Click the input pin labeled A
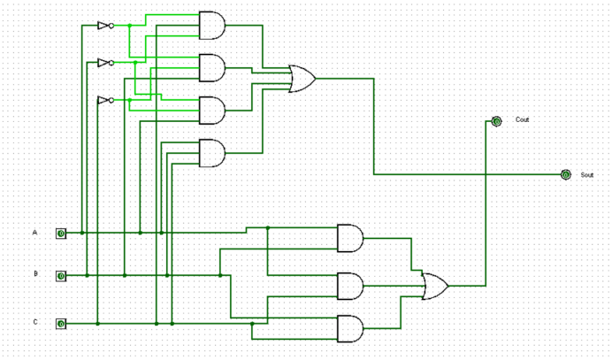(x=61, y=234)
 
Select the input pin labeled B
(x=61, y=276)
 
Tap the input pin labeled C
(x=61, y=324)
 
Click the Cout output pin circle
(x=496, y=121)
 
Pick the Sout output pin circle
(x=565, y=175)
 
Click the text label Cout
(x=523, y=119)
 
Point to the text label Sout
(x=586, y=175)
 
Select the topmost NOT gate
(x=104, y=26)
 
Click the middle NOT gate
(x=104, y=63)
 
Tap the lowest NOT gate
(x=104, y=100)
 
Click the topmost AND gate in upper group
(x=212, y=26)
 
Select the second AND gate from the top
(x=212, y=67)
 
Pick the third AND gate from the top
(x=212, y=110)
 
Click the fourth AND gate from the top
(x=212, y=153)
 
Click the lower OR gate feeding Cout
(x=434, y=286)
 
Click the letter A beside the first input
(x=35, y=233)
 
